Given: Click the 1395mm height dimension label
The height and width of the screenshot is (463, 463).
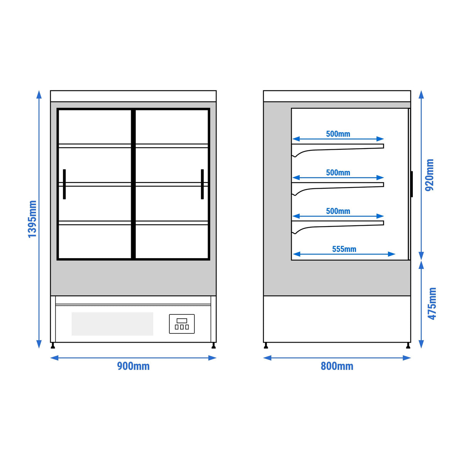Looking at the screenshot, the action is pyautogui.click(x=32, y=219).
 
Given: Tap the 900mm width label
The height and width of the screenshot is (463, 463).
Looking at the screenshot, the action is pyautogui.click(x=133, y=366).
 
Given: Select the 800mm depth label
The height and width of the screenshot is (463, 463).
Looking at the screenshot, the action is pyautogui.click(x=337, y=366).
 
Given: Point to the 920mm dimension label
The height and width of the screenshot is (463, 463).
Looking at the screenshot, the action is pyautogui.click(x=429, y=175).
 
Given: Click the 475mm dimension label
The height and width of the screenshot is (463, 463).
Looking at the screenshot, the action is pyautogui.click(x=432, y=304).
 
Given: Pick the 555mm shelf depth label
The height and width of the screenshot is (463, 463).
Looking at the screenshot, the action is pyautogui.click(x=344, y=249).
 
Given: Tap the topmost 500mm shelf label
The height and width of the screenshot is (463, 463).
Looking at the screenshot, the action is pyautogui.click(x=338, y=134).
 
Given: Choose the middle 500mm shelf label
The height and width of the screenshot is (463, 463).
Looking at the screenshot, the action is pyautogui.click(x=338, y=172).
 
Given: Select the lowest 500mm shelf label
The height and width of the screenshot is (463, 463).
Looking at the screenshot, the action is pyautogui.click(x=338, y=211).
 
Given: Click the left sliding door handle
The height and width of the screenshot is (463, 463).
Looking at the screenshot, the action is pyautogui.click(x=64, y=184).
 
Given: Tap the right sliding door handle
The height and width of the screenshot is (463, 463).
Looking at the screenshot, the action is pyautogui.click(x=202, y=184).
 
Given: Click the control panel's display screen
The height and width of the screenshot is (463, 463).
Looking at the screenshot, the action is pyautogui.click(x=182, y=321).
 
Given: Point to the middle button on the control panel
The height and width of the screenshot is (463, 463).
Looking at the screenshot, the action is pyautogui.click(x=182, y=327).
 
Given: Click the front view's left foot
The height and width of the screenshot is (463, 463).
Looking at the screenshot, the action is pyautogui.click(x=53, y=345).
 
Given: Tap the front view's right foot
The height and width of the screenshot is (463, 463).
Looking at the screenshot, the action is pyautogui.click(x=214, y=345).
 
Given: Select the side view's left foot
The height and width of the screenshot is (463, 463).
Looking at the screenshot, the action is pyautogui.click(x=266, y=345).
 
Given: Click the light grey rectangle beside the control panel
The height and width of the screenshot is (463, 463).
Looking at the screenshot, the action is pyautogui.click(x=112, y=324).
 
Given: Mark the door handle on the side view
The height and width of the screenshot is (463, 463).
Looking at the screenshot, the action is pyautogui.click(x=412, y=184).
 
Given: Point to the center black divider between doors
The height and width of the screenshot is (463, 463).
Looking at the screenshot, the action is pyautogui.click(x=133, y=184).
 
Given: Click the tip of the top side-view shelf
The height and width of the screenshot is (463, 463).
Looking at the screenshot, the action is pyautogui.click(x=384, y=146).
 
